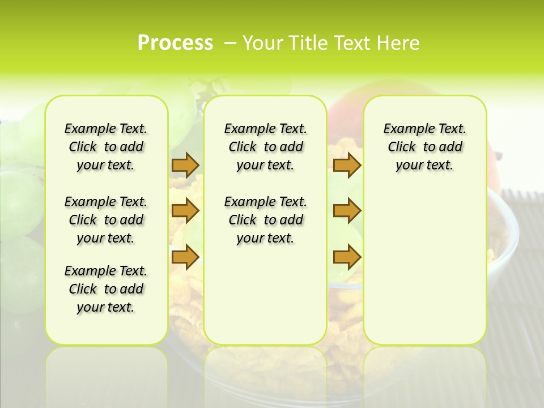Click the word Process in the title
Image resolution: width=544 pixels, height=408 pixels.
pos(175,43)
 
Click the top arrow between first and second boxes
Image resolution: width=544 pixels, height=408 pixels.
pos(185,165)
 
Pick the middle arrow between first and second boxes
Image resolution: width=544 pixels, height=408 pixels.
pos(185,211)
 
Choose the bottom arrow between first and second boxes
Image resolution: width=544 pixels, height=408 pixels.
pos(185,257)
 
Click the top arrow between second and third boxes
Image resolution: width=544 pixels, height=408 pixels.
pos(347,165)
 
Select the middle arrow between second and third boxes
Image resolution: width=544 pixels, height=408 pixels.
pos(347,211)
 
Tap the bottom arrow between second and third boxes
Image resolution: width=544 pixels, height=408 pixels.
pos(347,257)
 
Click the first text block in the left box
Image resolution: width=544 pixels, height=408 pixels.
pos(106,147)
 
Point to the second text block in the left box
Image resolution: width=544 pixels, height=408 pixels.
pos(106,220)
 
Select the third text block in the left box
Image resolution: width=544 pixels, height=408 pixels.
pos(106,289)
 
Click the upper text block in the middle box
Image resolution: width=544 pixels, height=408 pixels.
pos(265,147)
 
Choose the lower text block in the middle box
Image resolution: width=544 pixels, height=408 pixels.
pos(265,220)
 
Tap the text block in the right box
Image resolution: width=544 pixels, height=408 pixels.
pos(425,147)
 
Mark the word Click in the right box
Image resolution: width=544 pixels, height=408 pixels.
pos(402,147)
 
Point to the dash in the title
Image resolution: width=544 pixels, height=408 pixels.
pos(230,43)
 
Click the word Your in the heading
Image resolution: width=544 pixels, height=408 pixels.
pos(263,43)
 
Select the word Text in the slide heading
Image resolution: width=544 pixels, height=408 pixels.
pos(353,43)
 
